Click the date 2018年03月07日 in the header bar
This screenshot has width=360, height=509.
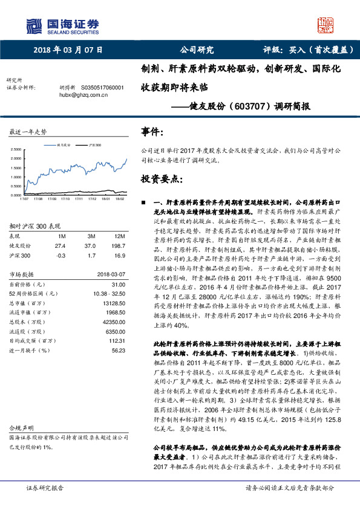(67, 50)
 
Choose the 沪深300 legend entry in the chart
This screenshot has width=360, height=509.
(95, 145)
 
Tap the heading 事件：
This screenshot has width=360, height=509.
(152, 131)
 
